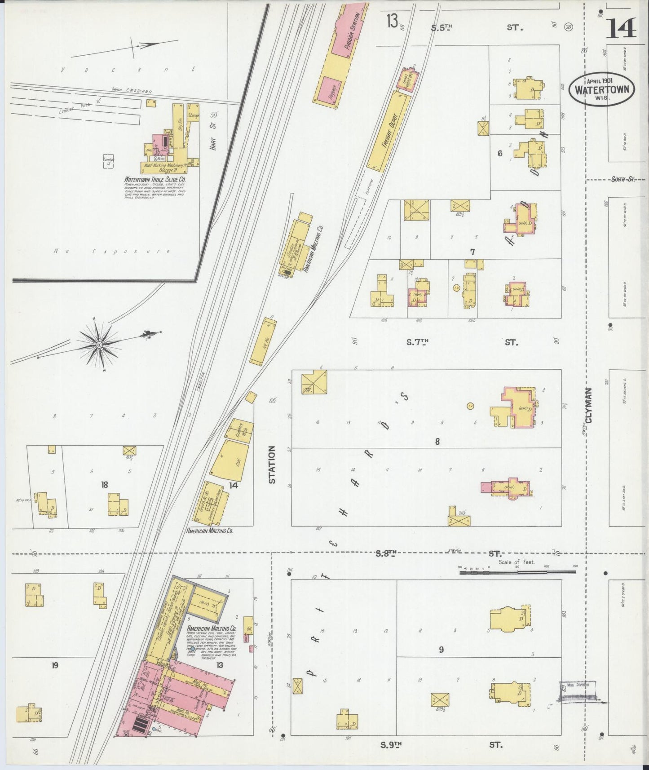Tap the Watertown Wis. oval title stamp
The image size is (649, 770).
pos(602,89)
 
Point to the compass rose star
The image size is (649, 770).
pos(99,345)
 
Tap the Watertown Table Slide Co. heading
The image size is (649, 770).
pos(155,179)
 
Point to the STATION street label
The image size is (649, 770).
pos(272,465)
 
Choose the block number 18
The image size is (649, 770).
pos(104,485)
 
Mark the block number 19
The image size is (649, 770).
pos(54,665)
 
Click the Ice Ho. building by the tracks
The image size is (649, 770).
pos(263,341)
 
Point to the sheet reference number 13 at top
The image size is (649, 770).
pos(392,21)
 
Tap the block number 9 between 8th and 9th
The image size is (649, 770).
pos(441,649)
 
